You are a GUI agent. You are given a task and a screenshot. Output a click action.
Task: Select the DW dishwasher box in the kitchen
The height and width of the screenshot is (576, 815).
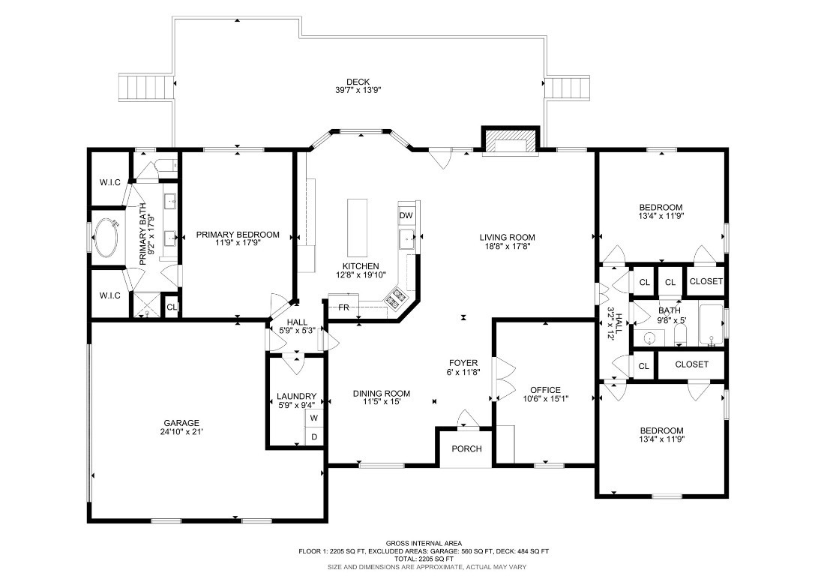tap(406, 215)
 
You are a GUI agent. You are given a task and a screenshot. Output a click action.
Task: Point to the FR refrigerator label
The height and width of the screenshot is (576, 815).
tap(343, 307)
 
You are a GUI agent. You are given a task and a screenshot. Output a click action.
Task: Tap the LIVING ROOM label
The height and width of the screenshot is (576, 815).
tap(508, 238)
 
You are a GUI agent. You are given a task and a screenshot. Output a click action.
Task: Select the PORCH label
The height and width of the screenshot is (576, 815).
tap(466, 448)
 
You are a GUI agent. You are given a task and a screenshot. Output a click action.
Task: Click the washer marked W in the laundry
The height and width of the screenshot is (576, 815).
tap(314, 418)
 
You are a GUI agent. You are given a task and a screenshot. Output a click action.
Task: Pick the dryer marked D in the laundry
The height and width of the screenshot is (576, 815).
tap(314, 436)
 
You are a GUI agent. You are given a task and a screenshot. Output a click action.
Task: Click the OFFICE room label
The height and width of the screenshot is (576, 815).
tap(545, 390)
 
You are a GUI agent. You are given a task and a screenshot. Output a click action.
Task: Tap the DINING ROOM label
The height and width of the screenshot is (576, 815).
tap(382, 393)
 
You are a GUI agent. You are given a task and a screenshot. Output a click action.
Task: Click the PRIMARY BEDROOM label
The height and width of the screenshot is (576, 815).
tap(238, 235)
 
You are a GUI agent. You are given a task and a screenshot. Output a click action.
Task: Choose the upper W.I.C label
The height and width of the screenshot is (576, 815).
tap(110, 182)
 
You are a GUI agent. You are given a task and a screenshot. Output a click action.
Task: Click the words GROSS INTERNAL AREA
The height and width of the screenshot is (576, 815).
tap(424, 543)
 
